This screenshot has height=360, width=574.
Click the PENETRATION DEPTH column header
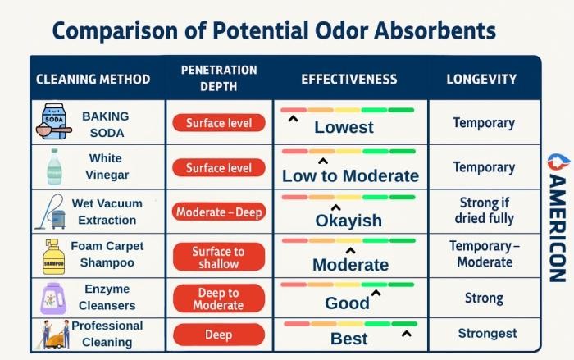click(219, 79)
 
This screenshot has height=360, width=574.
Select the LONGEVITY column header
click(481, 80)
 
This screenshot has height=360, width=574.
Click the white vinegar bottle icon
click(54, 166)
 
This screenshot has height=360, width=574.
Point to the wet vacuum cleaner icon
click(51, 212)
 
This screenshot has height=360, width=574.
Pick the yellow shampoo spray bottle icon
click(53, 255)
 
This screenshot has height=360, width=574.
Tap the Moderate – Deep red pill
click(219, 212)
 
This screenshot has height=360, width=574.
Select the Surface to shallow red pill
click(219, 257)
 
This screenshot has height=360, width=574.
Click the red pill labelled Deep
click(219, 335)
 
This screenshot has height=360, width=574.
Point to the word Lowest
click(344, 127)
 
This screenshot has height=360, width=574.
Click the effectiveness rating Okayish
click(348, 221)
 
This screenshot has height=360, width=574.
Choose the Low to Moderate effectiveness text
click(350, 175)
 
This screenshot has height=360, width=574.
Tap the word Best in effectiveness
click(349, 339)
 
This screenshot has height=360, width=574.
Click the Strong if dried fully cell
click(484, 211)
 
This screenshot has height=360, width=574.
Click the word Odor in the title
click(324, 30)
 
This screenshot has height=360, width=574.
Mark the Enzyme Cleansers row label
click(107, 296)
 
